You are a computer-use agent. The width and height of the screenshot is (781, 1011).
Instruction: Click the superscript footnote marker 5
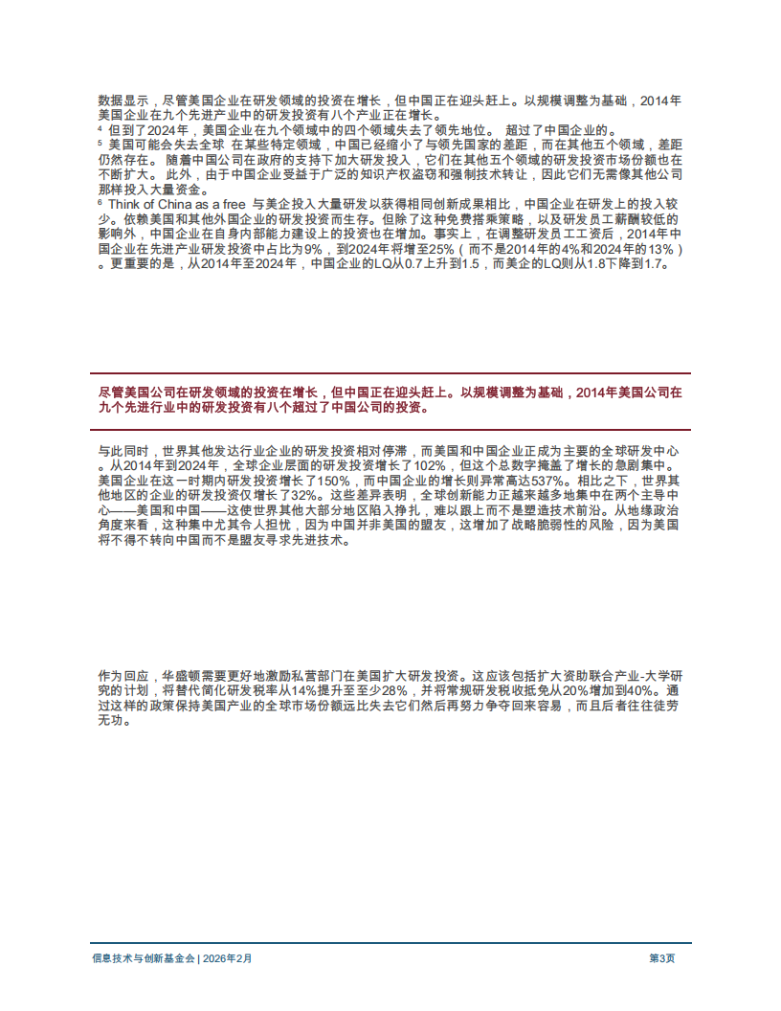click(x=100, y=142)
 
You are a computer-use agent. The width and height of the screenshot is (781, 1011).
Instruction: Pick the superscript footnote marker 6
click(x=100, y=202)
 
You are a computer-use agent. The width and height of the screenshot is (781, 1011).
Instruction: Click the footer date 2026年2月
click(x=228, y=957)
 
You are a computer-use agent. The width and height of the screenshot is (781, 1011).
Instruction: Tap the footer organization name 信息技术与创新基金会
click(x=143, y=957)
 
